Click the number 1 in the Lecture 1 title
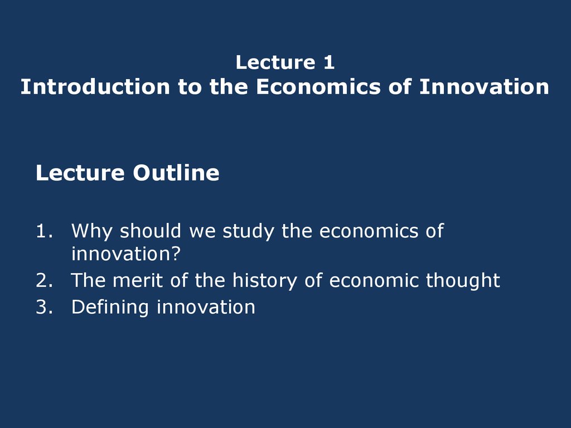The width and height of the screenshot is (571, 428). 329,62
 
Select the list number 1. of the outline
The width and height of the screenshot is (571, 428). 45,231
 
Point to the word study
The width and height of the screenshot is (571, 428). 248,231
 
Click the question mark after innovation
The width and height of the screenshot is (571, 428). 176,254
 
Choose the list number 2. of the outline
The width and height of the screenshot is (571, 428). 45,280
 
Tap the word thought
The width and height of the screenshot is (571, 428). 463,281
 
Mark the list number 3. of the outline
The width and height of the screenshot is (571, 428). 45,307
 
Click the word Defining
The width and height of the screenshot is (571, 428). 110,308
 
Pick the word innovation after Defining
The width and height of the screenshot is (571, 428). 206,307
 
